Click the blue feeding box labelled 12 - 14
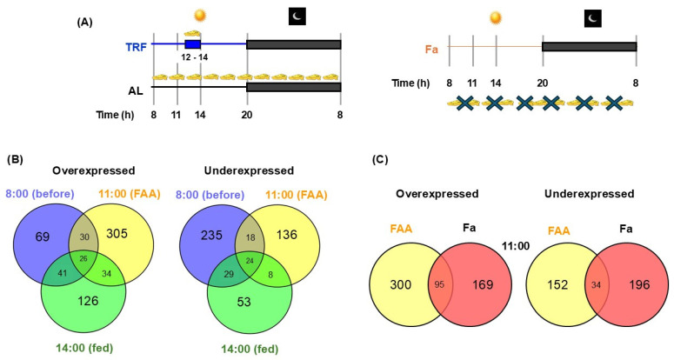point(192,43)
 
